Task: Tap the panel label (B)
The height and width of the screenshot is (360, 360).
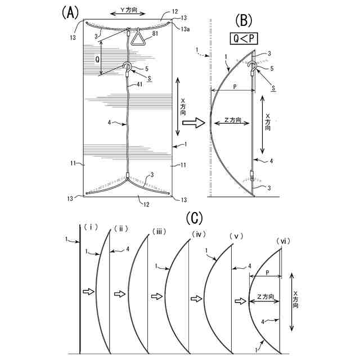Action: [x=244, y=21]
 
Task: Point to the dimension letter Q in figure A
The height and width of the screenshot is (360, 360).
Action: [x=98, y=57]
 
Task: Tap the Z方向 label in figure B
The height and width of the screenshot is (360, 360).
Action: [x=232, y=120]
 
